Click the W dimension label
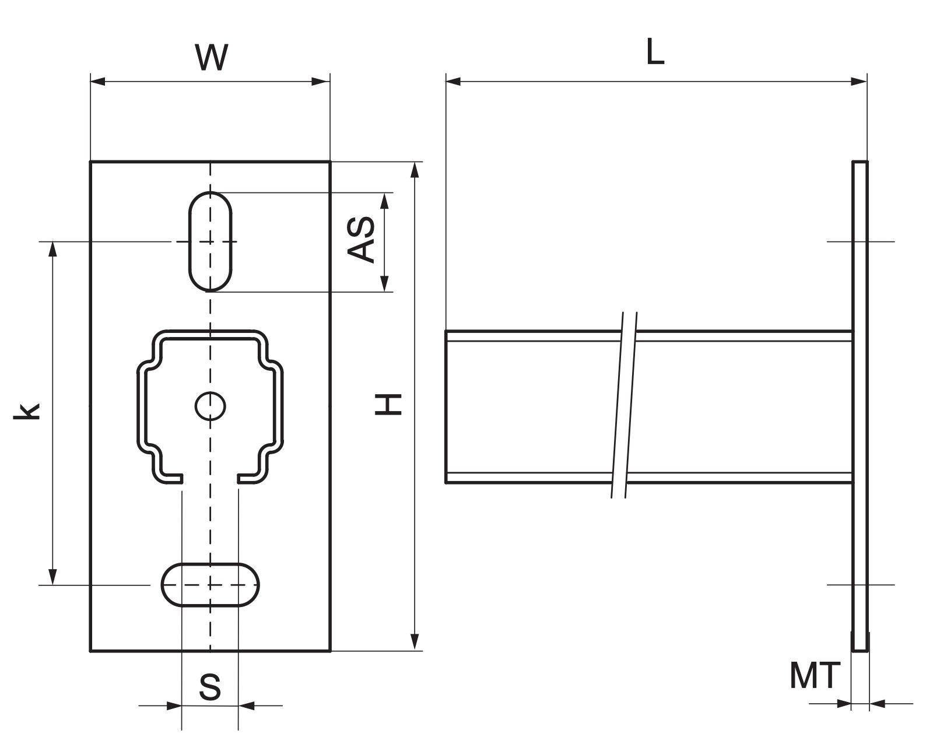coord(212,57)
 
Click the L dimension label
coord(655,51)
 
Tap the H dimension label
coord(388,404)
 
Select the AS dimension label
coord(361,240)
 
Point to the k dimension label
coord(26,411)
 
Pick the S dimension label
coord(210,687)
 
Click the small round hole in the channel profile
coord(211,406)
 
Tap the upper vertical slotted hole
coord(211,241)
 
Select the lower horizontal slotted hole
coord(211,585)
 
